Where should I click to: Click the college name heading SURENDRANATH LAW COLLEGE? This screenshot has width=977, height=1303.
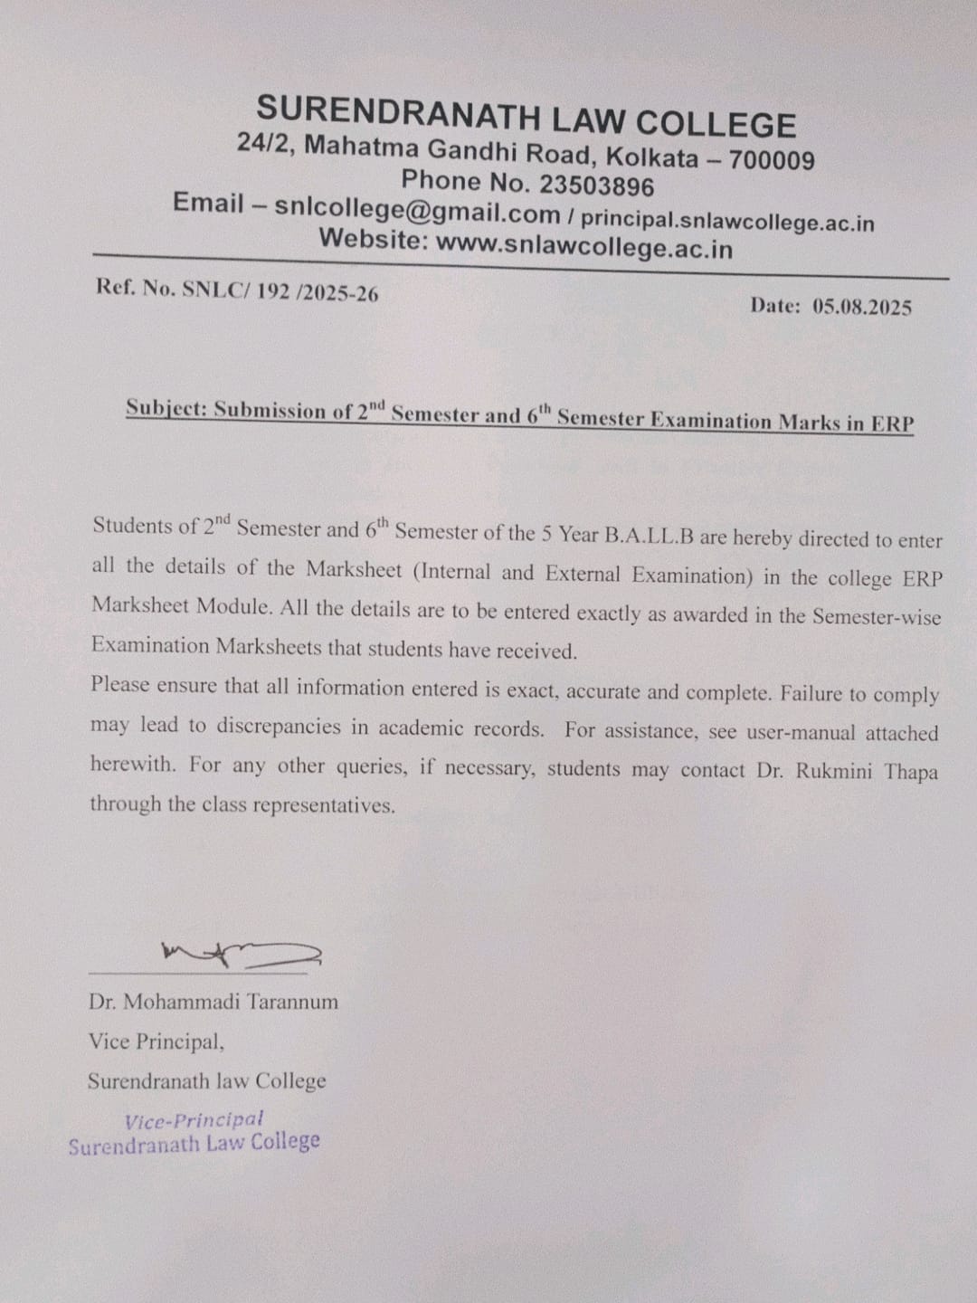pyautogui.click(x=526, y=118)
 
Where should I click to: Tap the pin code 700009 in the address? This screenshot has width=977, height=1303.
pyautogui.click(x=772, y=161)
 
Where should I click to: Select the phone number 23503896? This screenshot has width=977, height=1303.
pyautogui.click(x=596, y=185)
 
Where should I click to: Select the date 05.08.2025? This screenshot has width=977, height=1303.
pyautogui.click(x=861, y=307)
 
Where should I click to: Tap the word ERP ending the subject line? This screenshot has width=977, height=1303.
pyautogui.click(x=893, y=423)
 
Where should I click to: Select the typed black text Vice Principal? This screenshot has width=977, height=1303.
pyautogui.click(x=157, y=1041)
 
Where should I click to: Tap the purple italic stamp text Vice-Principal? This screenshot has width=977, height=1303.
pyautogui.click(x=194, y=1120)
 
